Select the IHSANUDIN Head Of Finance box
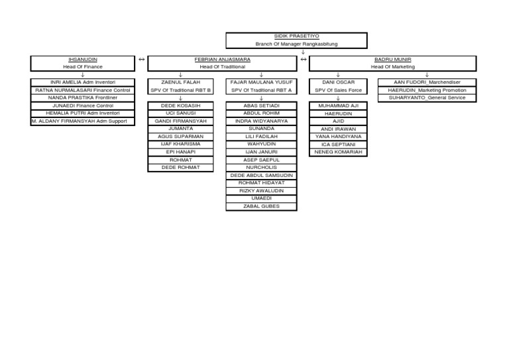point(82,63)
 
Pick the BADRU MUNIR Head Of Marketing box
point(392,63)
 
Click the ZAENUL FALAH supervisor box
point(180,86)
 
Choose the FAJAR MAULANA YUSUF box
point(261,86)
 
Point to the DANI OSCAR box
point(338,86)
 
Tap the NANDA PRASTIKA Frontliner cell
point(82,97)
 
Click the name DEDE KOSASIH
point(180,105)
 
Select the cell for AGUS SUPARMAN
point(180,137)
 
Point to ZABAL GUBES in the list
point(261,206)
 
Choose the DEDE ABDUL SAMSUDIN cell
point(261,175)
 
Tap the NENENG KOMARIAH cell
point(339,152)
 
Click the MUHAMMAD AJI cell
point(339,105)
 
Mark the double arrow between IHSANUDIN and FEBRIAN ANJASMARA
point(141,60)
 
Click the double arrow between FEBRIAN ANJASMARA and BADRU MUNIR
point(303,60)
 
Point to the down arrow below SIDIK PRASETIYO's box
point(302,52)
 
